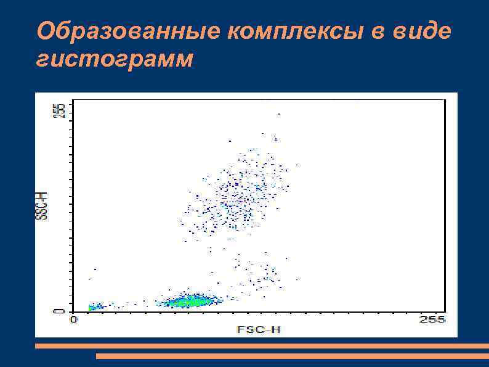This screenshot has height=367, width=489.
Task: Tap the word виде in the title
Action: click(423, 30)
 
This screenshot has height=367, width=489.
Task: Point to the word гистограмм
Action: click(115, 60)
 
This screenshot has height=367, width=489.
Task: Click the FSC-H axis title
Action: click(259, 329)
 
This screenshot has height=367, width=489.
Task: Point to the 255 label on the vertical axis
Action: click(59, 110)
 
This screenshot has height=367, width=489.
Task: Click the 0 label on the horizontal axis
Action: click(73, 319)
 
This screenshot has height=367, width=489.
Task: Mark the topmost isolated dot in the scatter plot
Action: click(278, 114)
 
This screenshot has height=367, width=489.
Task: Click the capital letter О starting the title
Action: click(44, 30)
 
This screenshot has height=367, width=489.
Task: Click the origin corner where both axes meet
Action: click(73, 311)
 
